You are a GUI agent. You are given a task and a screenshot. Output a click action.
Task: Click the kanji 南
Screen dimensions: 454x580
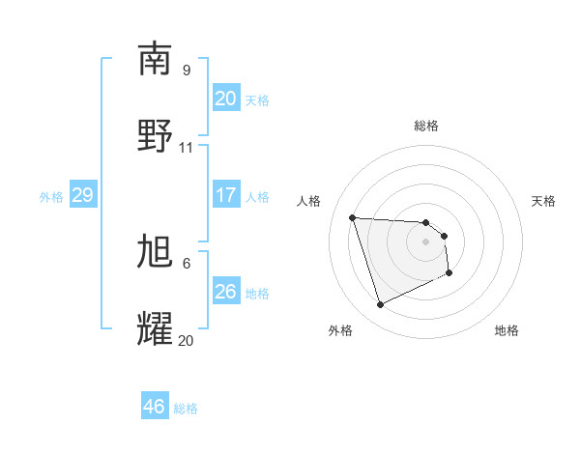point(155,60)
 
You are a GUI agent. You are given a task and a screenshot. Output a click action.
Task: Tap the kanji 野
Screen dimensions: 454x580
point(155,135)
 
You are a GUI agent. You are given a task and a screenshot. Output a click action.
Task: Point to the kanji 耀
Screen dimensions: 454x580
point(155,328)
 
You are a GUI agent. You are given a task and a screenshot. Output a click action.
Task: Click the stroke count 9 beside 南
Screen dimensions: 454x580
point(187,71)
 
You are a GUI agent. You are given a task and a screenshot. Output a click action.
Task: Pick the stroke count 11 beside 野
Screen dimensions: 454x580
point(187,148)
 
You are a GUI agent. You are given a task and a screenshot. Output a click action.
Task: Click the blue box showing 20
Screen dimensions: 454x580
point(226,99)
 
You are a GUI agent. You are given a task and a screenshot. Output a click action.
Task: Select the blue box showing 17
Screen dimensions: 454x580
point(226,195)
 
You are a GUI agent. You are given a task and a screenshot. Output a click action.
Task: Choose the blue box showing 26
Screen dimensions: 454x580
point(226,292)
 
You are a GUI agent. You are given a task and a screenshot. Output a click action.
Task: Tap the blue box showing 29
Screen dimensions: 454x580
point(82,196)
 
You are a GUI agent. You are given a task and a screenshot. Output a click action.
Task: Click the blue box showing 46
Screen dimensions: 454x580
point(155,407)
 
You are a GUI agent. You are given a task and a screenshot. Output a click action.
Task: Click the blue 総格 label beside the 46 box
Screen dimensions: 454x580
point(186,409)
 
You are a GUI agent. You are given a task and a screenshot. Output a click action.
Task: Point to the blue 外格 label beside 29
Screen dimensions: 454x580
point(51,197)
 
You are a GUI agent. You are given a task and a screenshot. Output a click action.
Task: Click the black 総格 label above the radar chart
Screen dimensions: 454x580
point(426,126)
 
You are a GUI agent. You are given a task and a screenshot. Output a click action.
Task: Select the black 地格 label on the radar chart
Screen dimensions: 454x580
point(507,330)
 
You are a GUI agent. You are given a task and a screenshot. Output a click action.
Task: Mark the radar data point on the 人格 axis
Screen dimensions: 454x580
point(353,217)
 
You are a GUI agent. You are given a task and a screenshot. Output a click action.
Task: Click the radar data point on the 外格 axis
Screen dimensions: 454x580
point(380,305)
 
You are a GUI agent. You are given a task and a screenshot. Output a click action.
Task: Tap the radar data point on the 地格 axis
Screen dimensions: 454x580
point(449,273)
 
